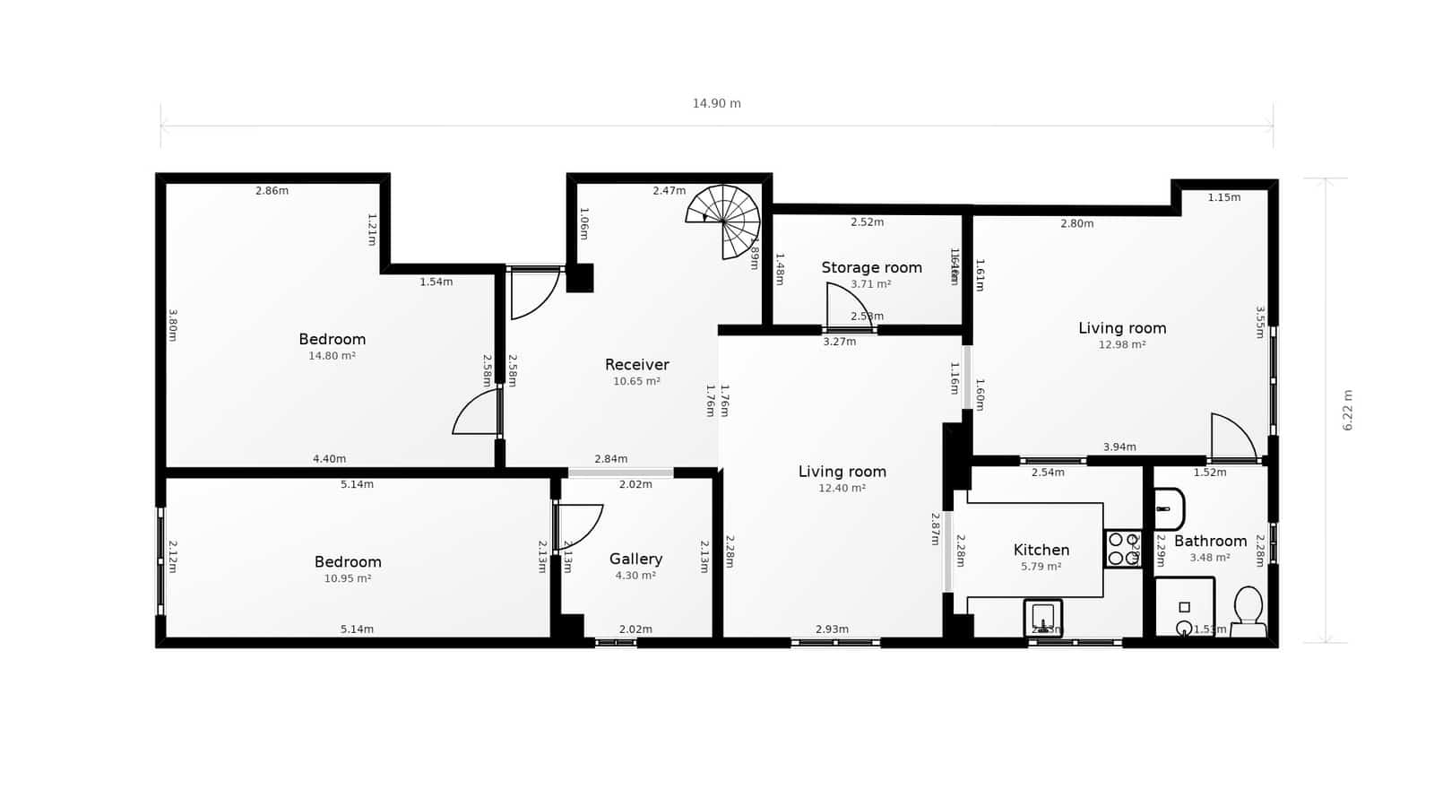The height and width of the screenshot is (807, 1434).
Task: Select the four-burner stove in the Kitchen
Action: (1122, 549)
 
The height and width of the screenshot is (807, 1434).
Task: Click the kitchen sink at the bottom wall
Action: (1042, 617)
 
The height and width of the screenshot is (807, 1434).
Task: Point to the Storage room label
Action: (871, 267)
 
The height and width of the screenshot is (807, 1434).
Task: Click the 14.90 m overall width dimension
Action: (716, 103)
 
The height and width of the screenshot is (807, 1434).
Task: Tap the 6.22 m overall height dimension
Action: (1347, 410)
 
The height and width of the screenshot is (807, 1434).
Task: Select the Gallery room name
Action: (635, 559)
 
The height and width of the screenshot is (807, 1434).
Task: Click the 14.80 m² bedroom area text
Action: (332, 356)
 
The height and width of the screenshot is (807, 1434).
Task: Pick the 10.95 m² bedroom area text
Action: (347, 578)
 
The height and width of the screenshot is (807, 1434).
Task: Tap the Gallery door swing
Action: (578, 526)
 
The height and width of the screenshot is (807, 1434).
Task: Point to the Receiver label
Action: (636, 364)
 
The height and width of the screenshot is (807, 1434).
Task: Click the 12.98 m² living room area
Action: (1122, 344)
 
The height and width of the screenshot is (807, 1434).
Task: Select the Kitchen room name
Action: (1041, 550)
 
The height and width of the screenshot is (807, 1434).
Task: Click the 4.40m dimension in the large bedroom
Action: (329, 459)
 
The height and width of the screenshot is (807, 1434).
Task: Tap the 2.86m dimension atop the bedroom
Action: (272, 191)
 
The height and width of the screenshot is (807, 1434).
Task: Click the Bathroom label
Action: (1210, 541)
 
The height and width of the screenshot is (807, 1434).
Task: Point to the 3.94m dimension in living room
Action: (1119, 447)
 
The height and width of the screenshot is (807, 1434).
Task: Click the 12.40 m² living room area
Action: (842, 488)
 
